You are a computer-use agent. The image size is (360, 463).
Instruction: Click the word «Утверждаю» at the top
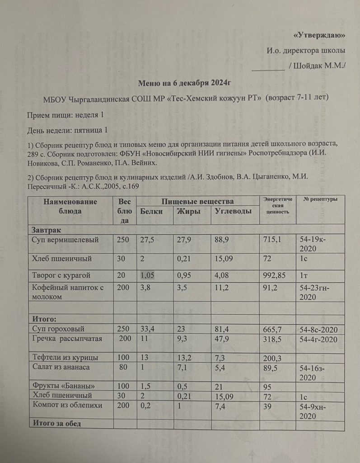tap(319, 35)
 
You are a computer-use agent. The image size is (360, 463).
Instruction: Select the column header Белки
tap(151, 211)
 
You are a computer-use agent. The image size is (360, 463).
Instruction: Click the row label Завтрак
tap(45, 230)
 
